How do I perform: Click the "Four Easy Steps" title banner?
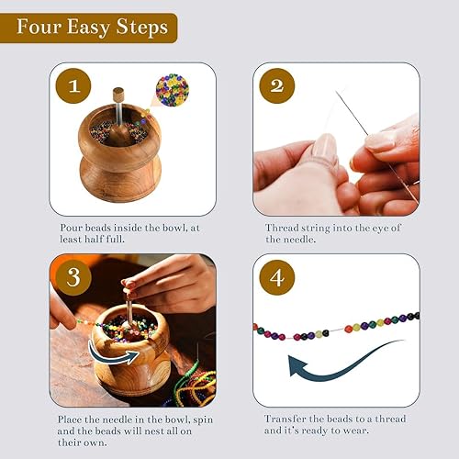[x=88, y=27]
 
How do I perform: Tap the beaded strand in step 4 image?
[x=335, y=328]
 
